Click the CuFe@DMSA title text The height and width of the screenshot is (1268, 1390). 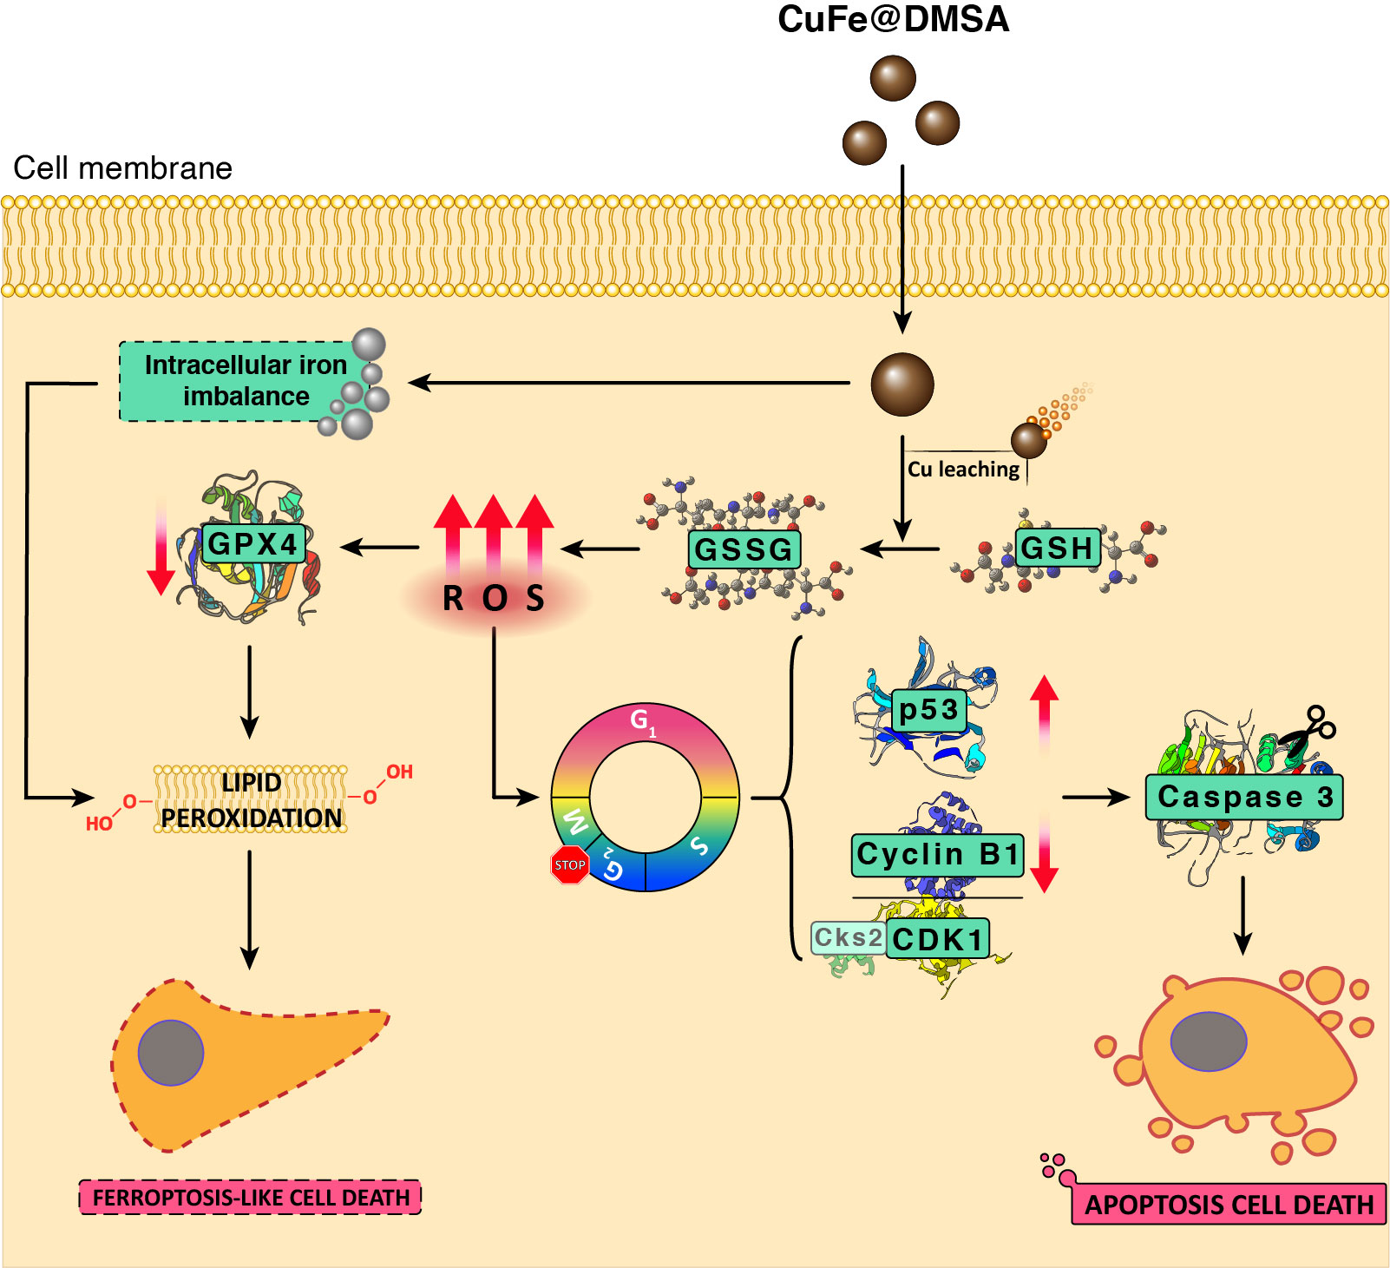click(893, 20)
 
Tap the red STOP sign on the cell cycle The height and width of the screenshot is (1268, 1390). click(569, 864)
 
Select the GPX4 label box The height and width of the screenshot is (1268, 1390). click(252, 544)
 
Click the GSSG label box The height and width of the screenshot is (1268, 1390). click(744, 549)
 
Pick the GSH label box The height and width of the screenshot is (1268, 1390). click(1057, 548)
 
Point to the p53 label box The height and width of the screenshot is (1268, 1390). click(928, 710)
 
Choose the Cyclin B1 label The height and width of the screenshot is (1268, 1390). click(937, 854)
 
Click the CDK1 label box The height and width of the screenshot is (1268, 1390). click(937, 939)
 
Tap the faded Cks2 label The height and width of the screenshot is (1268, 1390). click(848, 937)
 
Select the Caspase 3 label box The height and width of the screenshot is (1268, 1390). click(1243, 797)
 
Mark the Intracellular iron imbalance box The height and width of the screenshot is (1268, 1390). click(245, 381)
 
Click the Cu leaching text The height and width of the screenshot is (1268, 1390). click(963, 470)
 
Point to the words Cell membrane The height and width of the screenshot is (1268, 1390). click(123, 168)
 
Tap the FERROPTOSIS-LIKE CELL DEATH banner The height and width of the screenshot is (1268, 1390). click(250, 1198)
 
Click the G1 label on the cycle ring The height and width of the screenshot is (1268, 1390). click(642, 720)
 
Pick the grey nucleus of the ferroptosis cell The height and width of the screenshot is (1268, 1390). click(171, 1053)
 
